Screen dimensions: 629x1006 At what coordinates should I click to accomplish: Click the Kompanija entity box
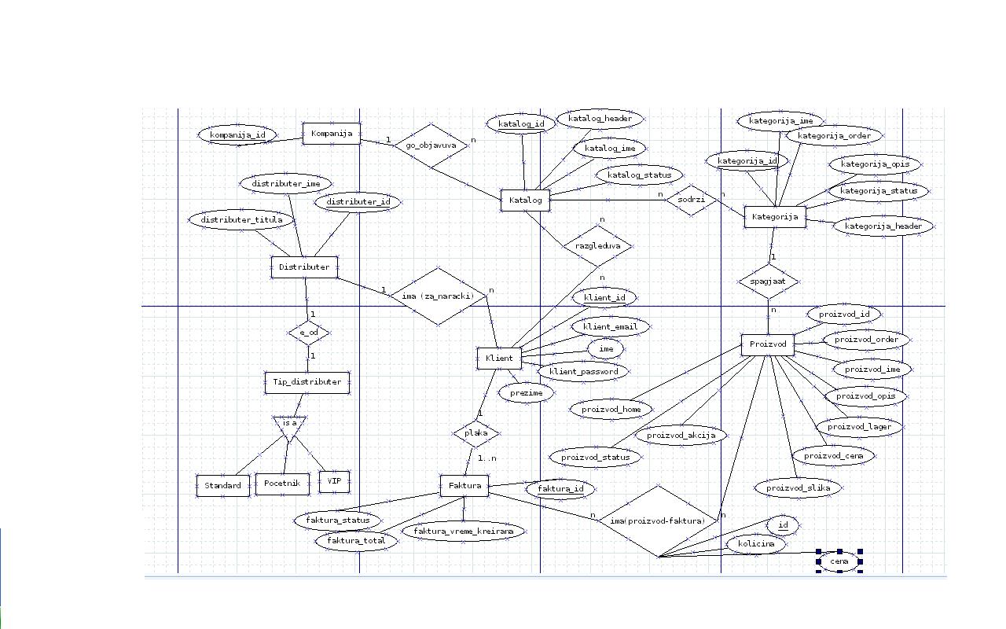click(332, 134)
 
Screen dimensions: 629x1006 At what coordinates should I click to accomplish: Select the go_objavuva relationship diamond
click(431, 145)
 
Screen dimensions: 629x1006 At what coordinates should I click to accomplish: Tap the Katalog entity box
click(526, 200)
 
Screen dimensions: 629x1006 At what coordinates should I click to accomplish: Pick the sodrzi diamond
click(692, 200)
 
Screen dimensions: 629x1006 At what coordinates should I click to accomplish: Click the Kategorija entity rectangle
click(774, 216)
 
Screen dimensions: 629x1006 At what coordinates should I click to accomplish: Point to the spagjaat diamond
click(769, 281)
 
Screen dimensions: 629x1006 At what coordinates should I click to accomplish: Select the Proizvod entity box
click(768, 344)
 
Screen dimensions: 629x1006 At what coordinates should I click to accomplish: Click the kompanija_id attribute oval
click(237, 135)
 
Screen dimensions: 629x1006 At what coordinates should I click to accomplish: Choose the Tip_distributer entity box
click(307, 382)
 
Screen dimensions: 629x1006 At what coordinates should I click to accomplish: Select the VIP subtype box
click(334, 481)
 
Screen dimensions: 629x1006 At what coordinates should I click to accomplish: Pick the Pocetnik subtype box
click(282, 484)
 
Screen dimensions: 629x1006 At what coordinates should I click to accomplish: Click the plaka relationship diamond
click(476, 432)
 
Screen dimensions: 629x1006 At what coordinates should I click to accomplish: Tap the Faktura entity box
click(464, 486)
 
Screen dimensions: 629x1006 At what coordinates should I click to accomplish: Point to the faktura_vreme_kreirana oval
click(464, 532)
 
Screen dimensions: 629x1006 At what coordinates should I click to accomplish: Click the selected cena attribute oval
click(839, 561)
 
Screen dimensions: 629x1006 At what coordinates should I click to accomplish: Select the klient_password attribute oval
click(583, 371)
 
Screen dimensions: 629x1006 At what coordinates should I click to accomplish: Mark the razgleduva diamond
click(598, 245)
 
